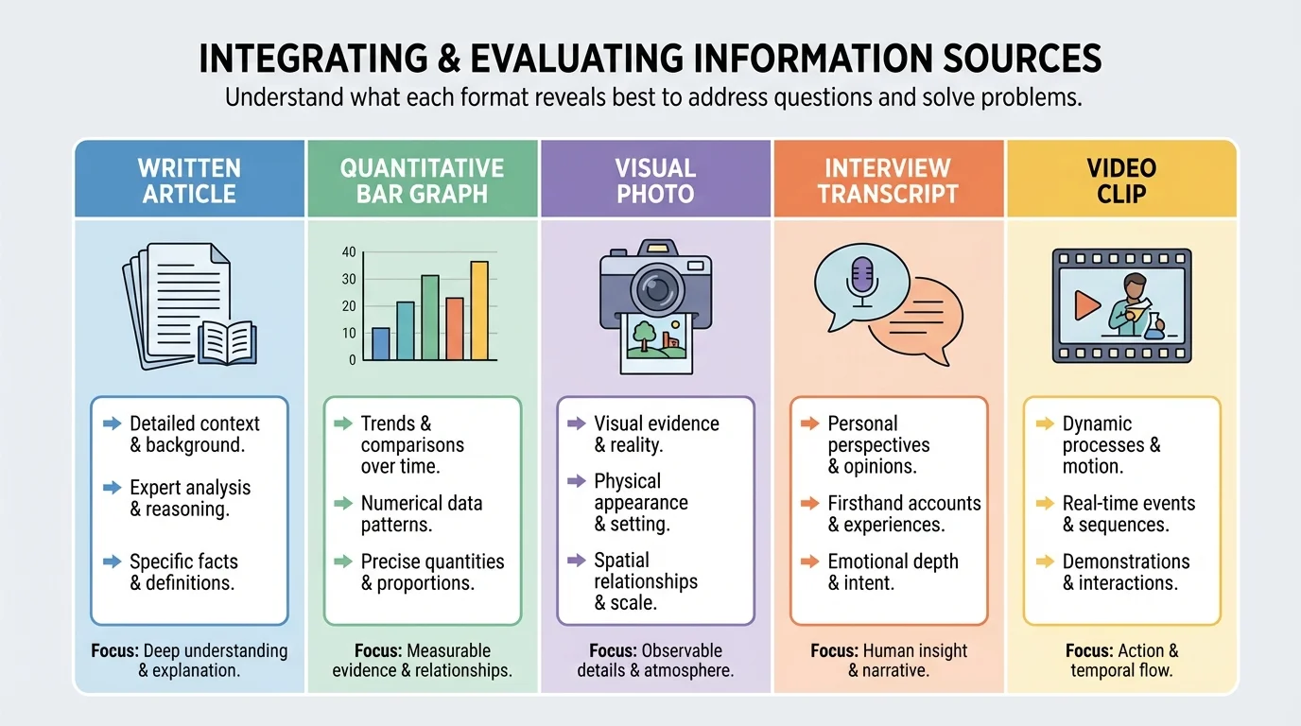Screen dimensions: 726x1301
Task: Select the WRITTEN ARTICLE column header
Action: coord(189,181)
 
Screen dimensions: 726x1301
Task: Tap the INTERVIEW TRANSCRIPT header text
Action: coord(888,181)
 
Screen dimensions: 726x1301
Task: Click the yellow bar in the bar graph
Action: coord(479,310)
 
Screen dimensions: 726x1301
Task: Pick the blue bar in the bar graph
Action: coord(381,343)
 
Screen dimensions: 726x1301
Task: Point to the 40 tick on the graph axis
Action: coord(349,251)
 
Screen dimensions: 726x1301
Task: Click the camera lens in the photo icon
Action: coord(654,287)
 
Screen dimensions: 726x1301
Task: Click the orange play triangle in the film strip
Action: coord(1087,304)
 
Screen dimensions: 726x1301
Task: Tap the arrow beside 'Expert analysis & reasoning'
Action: coord(113,488)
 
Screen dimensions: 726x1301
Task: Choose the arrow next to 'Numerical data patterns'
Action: coord(343,504)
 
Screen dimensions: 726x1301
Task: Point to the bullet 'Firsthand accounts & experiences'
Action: coord(904,513)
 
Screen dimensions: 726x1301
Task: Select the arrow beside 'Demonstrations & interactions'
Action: coord(1045,562)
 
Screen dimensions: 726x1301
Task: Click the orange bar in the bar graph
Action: coord(454,328)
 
